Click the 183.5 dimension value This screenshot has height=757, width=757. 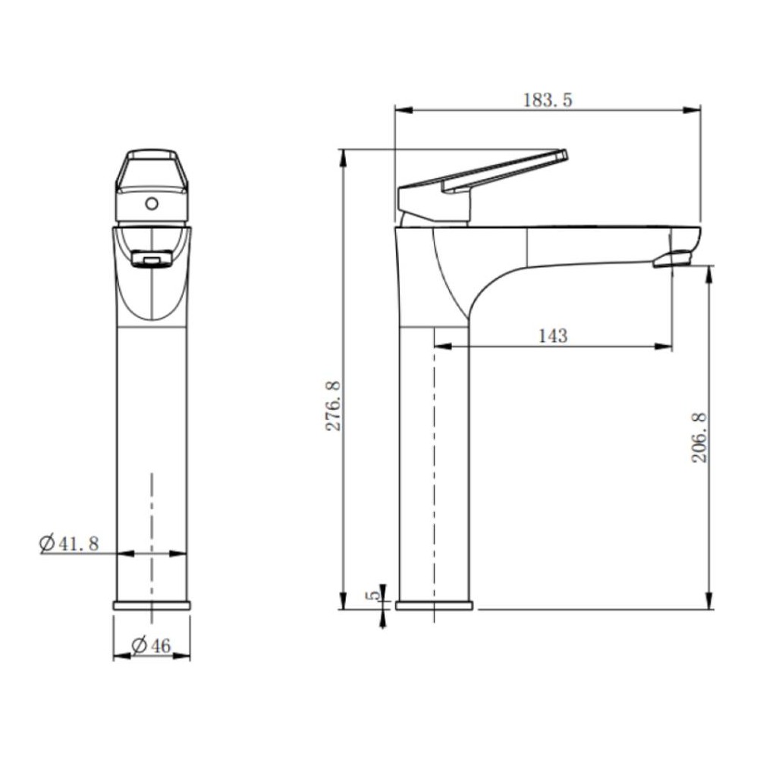pos(548,100)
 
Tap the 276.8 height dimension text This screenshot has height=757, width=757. pos(334,406)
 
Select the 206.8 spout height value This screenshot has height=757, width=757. pos(699,438)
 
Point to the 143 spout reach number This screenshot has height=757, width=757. pos(553,335)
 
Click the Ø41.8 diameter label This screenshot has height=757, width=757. pos(69,543)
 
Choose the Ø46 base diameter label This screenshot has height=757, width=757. pos(152,645)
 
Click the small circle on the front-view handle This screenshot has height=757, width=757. pos(152,204)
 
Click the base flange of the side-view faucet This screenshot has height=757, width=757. pos(434,605)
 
